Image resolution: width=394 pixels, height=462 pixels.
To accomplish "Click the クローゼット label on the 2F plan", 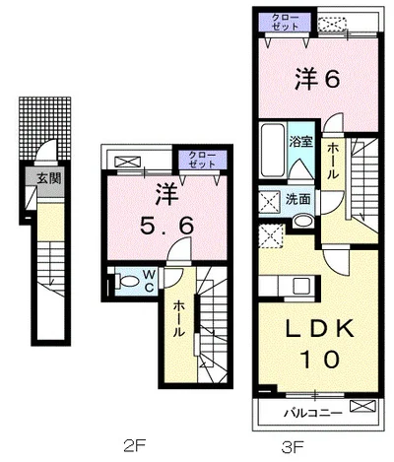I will point(202,159).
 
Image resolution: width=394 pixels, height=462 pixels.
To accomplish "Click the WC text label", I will point(148,279).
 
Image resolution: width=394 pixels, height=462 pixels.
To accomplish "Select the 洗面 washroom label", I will point(298,199).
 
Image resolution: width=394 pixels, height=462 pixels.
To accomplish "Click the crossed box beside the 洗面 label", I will point(269,200).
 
